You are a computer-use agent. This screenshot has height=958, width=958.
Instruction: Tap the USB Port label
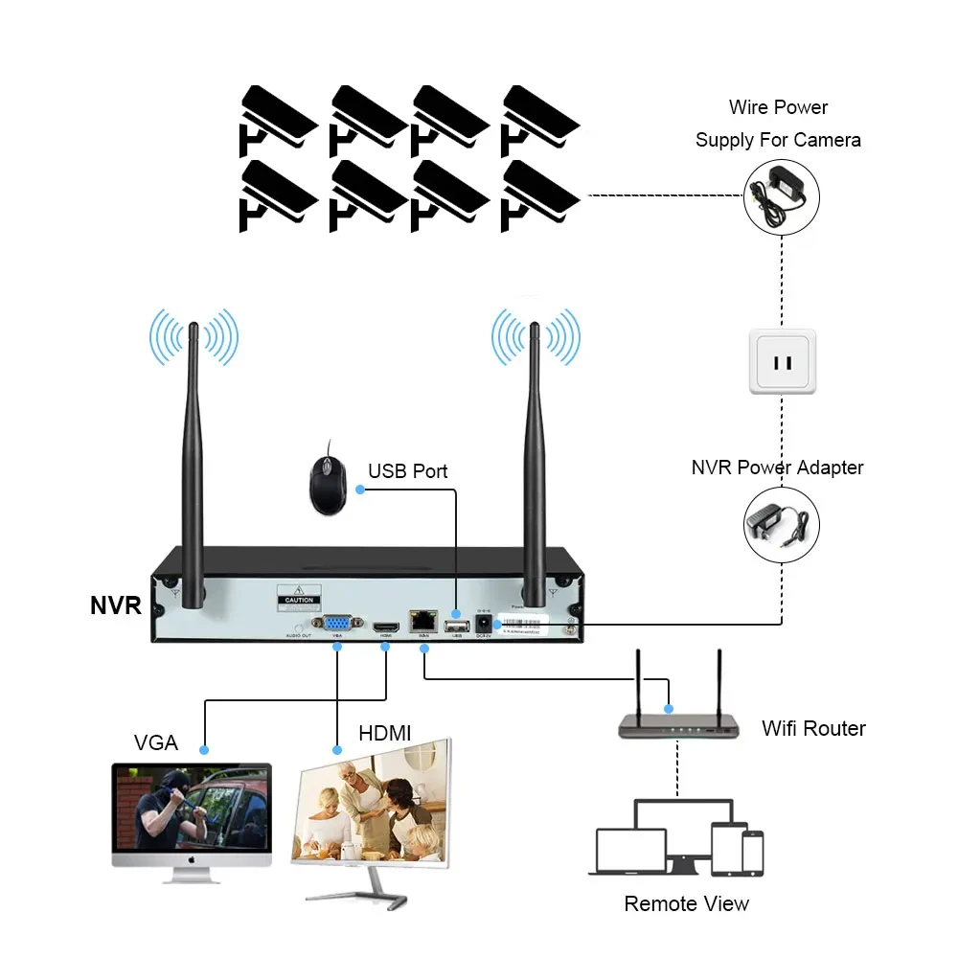click(407, 471)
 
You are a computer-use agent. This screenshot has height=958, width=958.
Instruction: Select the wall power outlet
click(783, 362)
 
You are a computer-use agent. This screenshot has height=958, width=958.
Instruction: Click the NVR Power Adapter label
click(777, 468)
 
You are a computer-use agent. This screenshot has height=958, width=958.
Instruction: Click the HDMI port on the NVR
click(386, 622)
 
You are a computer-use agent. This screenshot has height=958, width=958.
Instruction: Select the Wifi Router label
click(813, 728)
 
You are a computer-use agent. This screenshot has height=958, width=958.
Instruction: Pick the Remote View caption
click(686, 903)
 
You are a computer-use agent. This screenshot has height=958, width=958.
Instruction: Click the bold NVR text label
click(116, 605)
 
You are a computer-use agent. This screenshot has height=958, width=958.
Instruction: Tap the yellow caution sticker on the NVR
click(299, 597)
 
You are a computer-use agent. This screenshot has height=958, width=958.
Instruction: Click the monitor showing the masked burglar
click(192, 814)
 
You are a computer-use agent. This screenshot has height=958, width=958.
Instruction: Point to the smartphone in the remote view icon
click(752, 852)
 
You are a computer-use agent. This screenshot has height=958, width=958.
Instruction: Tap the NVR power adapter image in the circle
click(782, 525)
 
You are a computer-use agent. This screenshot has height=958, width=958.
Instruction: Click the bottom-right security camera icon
click(538, 194)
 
